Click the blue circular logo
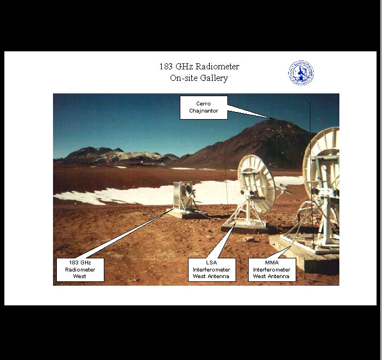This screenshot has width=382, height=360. pos(301,73)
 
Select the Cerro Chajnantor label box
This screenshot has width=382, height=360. pos(204,108)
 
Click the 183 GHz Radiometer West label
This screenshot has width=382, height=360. pos(80,269)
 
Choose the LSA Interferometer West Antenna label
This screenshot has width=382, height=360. pos(211,269)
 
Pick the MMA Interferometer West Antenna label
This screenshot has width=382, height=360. pos(272,269)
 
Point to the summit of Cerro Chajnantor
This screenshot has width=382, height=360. pos(276,120)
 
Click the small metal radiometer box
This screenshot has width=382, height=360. pos(183,196)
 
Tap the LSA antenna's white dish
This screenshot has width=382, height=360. pos(256,183)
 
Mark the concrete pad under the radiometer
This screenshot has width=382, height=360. pos(186,214)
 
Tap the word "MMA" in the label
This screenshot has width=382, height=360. pos(272,263)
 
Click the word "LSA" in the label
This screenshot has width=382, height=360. pos(211,263)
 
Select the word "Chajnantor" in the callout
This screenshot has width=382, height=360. pos(204,111)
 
